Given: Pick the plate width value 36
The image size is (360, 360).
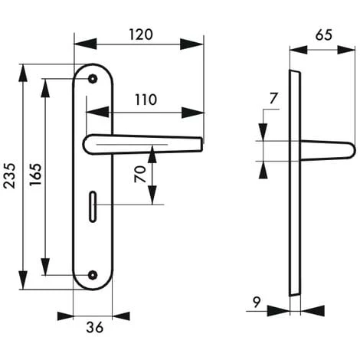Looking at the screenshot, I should coord(94,328).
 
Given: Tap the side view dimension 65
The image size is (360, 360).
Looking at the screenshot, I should coord(323,34).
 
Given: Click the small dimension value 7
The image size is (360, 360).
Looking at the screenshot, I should coord(274,97).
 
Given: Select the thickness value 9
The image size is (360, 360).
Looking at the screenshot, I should coord(257,301).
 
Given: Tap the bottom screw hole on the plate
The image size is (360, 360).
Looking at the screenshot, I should coord(93,275).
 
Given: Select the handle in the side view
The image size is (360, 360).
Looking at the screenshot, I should coord(326,151).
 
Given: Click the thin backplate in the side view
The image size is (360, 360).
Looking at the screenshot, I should coord(293,184).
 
